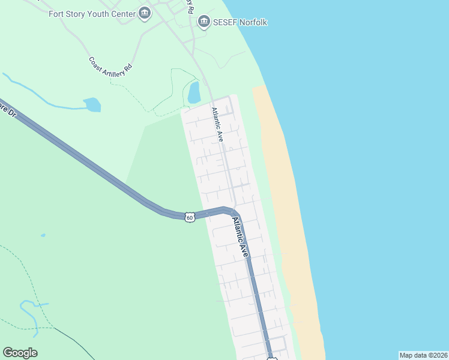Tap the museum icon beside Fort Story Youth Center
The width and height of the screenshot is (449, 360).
point(144,13)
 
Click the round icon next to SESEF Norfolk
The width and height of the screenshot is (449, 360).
point(204,22)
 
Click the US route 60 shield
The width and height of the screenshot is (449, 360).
point(190,217)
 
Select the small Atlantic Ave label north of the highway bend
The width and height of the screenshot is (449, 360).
point(217,125)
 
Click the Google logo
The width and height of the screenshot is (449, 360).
point(20,353)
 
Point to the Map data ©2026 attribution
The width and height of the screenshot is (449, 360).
point(423,355)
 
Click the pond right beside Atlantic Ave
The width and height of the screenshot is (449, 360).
point(194,92)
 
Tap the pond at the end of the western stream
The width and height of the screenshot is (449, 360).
point(92,105)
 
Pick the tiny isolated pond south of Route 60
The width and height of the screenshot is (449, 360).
point(43,235)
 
